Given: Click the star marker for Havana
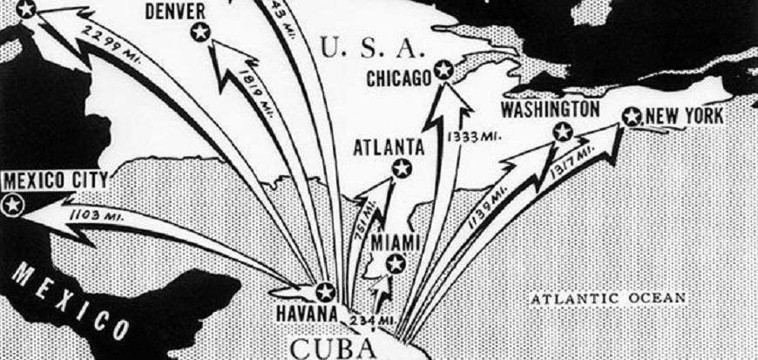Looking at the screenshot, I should (x=325, y=292).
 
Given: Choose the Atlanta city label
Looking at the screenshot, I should (x=389, y=146).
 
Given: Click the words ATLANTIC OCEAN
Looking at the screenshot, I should (x=608, y=299).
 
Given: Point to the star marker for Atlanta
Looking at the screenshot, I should (x=401, y=168).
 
